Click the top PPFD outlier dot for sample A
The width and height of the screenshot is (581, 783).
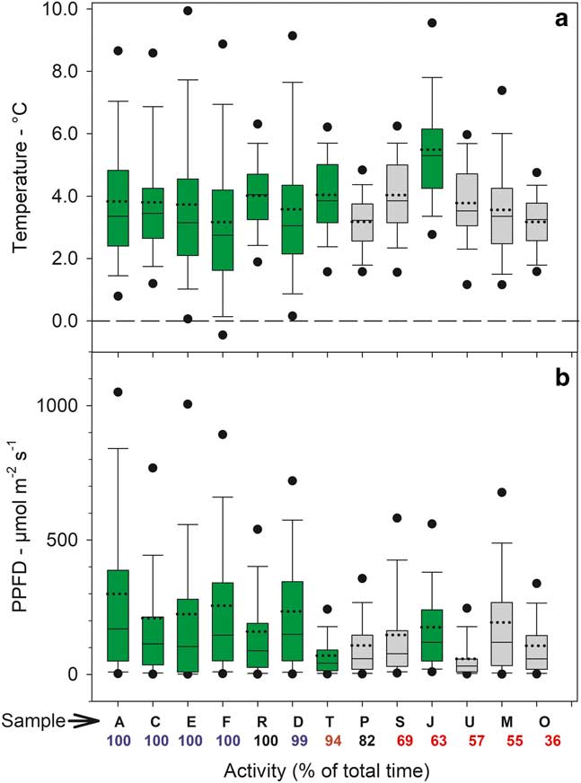click(x=118, y=391)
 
